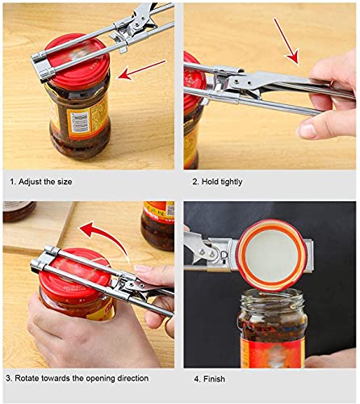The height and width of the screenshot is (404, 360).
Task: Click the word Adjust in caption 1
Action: [x=33, y=183]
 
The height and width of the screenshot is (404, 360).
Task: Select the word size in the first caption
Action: [x=65, y=183]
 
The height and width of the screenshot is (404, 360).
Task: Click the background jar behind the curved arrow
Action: [x=157, y=222]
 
